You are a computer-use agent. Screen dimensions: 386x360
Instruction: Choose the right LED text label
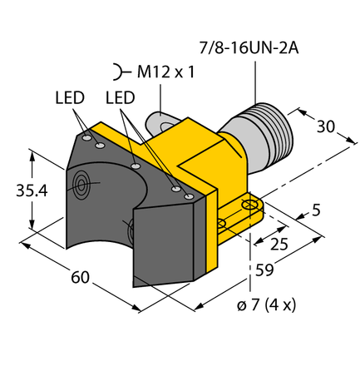point(121,98)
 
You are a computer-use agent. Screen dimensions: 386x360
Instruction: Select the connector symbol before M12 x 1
point(121,72)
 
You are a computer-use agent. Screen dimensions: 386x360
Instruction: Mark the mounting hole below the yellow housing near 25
point(221,223)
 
